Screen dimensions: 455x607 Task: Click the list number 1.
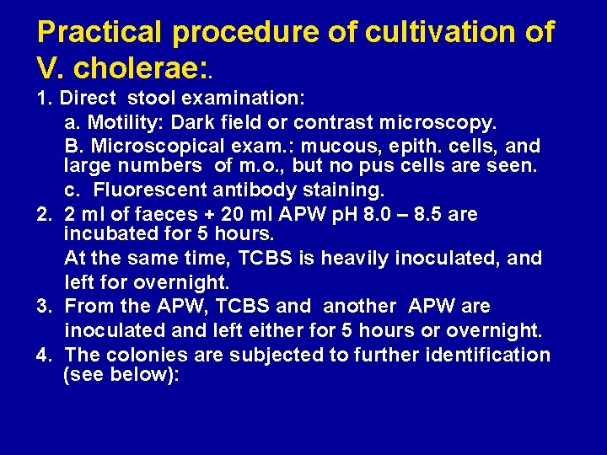tap(43, 99)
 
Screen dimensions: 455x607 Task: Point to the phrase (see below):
tap(121, 374)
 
